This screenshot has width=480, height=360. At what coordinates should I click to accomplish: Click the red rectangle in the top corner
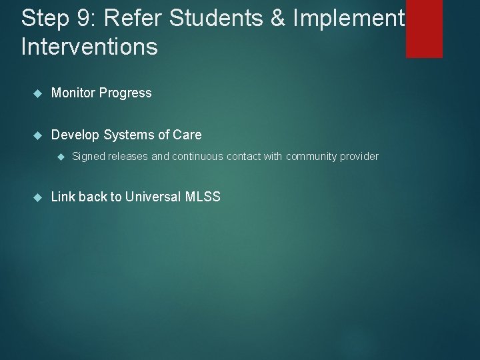(424, 29)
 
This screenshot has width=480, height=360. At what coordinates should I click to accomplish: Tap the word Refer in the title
(127, 18)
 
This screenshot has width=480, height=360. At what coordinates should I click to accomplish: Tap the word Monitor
(73, 93)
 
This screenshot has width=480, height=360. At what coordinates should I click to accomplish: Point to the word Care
(187, 135)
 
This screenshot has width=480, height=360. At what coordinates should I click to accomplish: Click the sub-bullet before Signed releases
(59, 157)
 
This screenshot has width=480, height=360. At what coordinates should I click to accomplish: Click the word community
(311, 157)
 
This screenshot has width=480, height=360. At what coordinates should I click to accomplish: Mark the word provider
(359, 157)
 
